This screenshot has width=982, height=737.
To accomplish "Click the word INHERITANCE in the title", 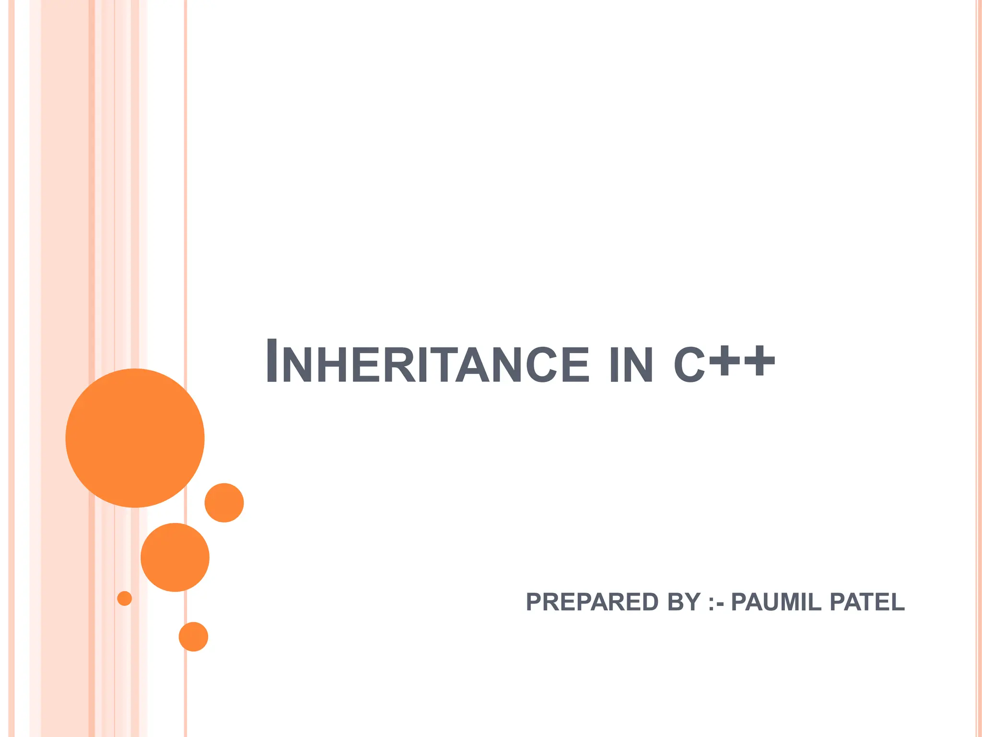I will tap(427, 363).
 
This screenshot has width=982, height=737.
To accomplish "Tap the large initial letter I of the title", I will tap(271, 360).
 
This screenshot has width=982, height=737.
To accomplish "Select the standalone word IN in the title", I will tap(631, 364).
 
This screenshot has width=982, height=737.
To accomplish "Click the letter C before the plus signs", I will tap(689, 365).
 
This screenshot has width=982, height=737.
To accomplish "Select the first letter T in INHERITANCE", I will tap(441, 364).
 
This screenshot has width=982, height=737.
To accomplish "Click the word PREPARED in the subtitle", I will tap(592, 602).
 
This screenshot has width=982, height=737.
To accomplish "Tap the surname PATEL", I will tap(867, 602).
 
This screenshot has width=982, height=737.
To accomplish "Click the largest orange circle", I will tap(135, 438).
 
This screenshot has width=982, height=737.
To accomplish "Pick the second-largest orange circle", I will tap(175, 557).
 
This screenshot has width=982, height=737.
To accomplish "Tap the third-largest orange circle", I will tap(224, 502).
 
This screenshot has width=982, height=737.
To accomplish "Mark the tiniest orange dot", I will tap(125, 598).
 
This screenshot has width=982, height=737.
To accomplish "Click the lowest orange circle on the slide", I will tap(193, 637).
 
